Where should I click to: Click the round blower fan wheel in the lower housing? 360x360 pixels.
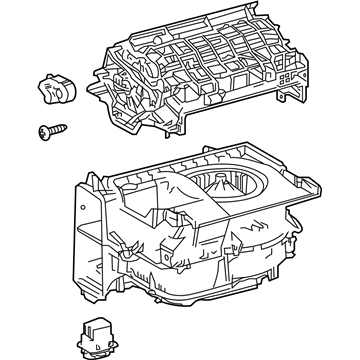click(228, 185)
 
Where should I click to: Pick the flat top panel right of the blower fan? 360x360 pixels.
click(290, 180)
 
